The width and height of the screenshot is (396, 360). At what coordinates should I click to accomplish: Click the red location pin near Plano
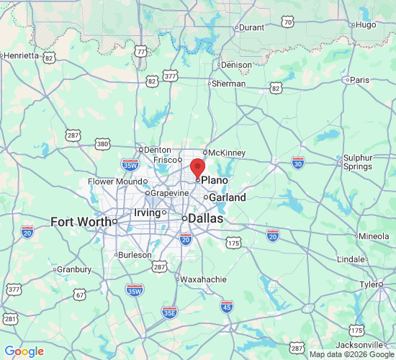(x=197, y=168)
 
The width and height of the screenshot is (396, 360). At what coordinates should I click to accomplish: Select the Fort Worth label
(x=81, y=221)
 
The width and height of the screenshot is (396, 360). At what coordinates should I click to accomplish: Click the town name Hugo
(x=366, y=24)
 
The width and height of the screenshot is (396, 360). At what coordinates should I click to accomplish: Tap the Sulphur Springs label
(x=357, y=162)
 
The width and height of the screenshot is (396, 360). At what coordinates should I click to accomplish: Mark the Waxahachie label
(x=203, y=279)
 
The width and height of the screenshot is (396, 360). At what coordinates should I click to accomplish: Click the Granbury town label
(x=75, y=269)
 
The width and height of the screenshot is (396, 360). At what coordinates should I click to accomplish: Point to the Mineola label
(x=374, y=236)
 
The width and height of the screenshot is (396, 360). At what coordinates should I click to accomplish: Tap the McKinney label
(x=228, y=153)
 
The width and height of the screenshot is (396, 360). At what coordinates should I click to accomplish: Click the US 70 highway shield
(x=288, y=23)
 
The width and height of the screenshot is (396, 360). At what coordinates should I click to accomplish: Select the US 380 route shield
(x=102, y=144)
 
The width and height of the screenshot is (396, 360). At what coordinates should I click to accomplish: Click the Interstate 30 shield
(x=298, y=163)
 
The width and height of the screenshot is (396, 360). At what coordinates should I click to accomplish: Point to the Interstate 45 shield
(x=227, y=307)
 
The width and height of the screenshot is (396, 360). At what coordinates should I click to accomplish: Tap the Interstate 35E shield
(x=169, y=312)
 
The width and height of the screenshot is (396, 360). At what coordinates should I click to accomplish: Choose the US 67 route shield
(x=80, y=295)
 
